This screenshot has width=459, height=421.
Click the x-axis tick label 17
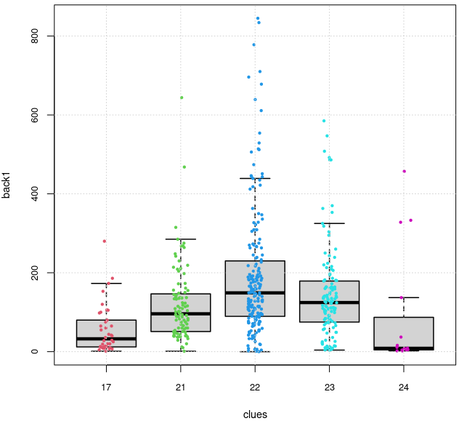[106, 386]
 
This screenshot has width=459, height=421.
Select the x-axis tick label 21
[180, 386]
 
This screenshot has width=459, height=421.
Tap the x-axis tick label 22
[255, 386]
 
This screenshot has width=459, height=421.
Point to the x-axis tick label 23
[329, 386]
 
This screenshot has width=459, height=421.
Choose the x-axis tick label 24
[403, 386]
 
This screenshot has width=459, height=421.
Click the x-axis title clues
[255, 414]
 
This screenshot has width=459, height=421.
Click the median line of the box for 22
[255, 292]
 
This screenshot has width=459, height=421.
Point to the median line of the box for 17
[106, 338]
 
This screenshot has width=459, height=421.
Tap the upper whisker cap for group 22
[255, 178]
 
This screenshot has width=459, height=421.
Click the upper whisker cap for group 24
[403, 297]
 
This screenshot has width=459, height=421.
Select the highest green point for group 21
[182, 97]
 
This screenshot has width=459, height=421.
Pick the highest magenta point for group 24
[405, 172]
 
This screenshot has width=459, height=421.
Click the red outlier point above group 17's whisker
[105, 241]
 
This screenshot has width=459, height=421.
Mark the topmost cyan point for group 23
[324, 121]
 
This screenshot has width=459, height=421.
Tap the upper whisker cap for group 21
[180, 239]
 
